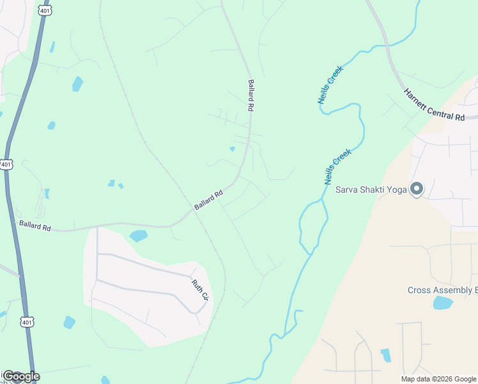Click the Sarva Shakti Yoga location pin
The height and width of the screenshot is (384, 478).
pyautogui.click(x=417, y=189)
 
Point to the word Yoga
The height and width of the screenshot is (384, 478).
pyautogui.click(x=397, y=189)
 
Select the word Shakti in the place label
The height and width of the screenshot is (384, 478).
pyautogui.click(x=373, y=189)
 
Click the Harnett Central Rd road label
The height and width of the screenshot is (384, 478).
pyautogui.click(x=434, y=104)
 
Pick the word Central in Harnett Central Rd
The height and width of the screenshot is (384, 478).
pyautogui.click(x=436, y=106)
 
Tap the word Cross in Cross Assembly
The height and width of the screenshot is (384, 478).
pyautogui.click(x=420, y=291)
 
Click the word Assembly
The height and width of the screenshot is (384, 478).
pyautogui.click(x=454, y=291)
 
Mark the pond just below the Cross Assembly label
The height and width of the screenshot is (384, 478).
pyautogui.click(x=442, y=303)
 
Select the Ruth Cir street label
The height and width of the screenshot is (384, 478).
pyautogui.click(x=201, y=289)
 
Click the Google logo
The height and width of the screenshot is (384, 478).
pyautogui.click(x=20, y=376)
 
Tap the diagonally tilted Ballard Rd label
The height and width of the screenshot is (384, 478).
pyautogui.click(x=208, y=200)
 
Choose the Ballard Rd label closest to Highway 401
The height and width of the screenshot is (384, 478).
pyautogui.click(x=35, y=225)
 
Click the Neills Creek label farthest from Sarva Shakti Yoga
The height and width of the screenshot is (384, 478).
pyautogui.click(x=330, y=84)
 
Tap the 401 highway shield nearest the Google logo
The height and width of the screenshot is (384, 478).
pyautogui.click(x=26, y=321)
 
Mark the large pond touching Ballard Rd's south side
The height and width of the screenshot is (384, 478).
pyautogui.click(x=138, y=236)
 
